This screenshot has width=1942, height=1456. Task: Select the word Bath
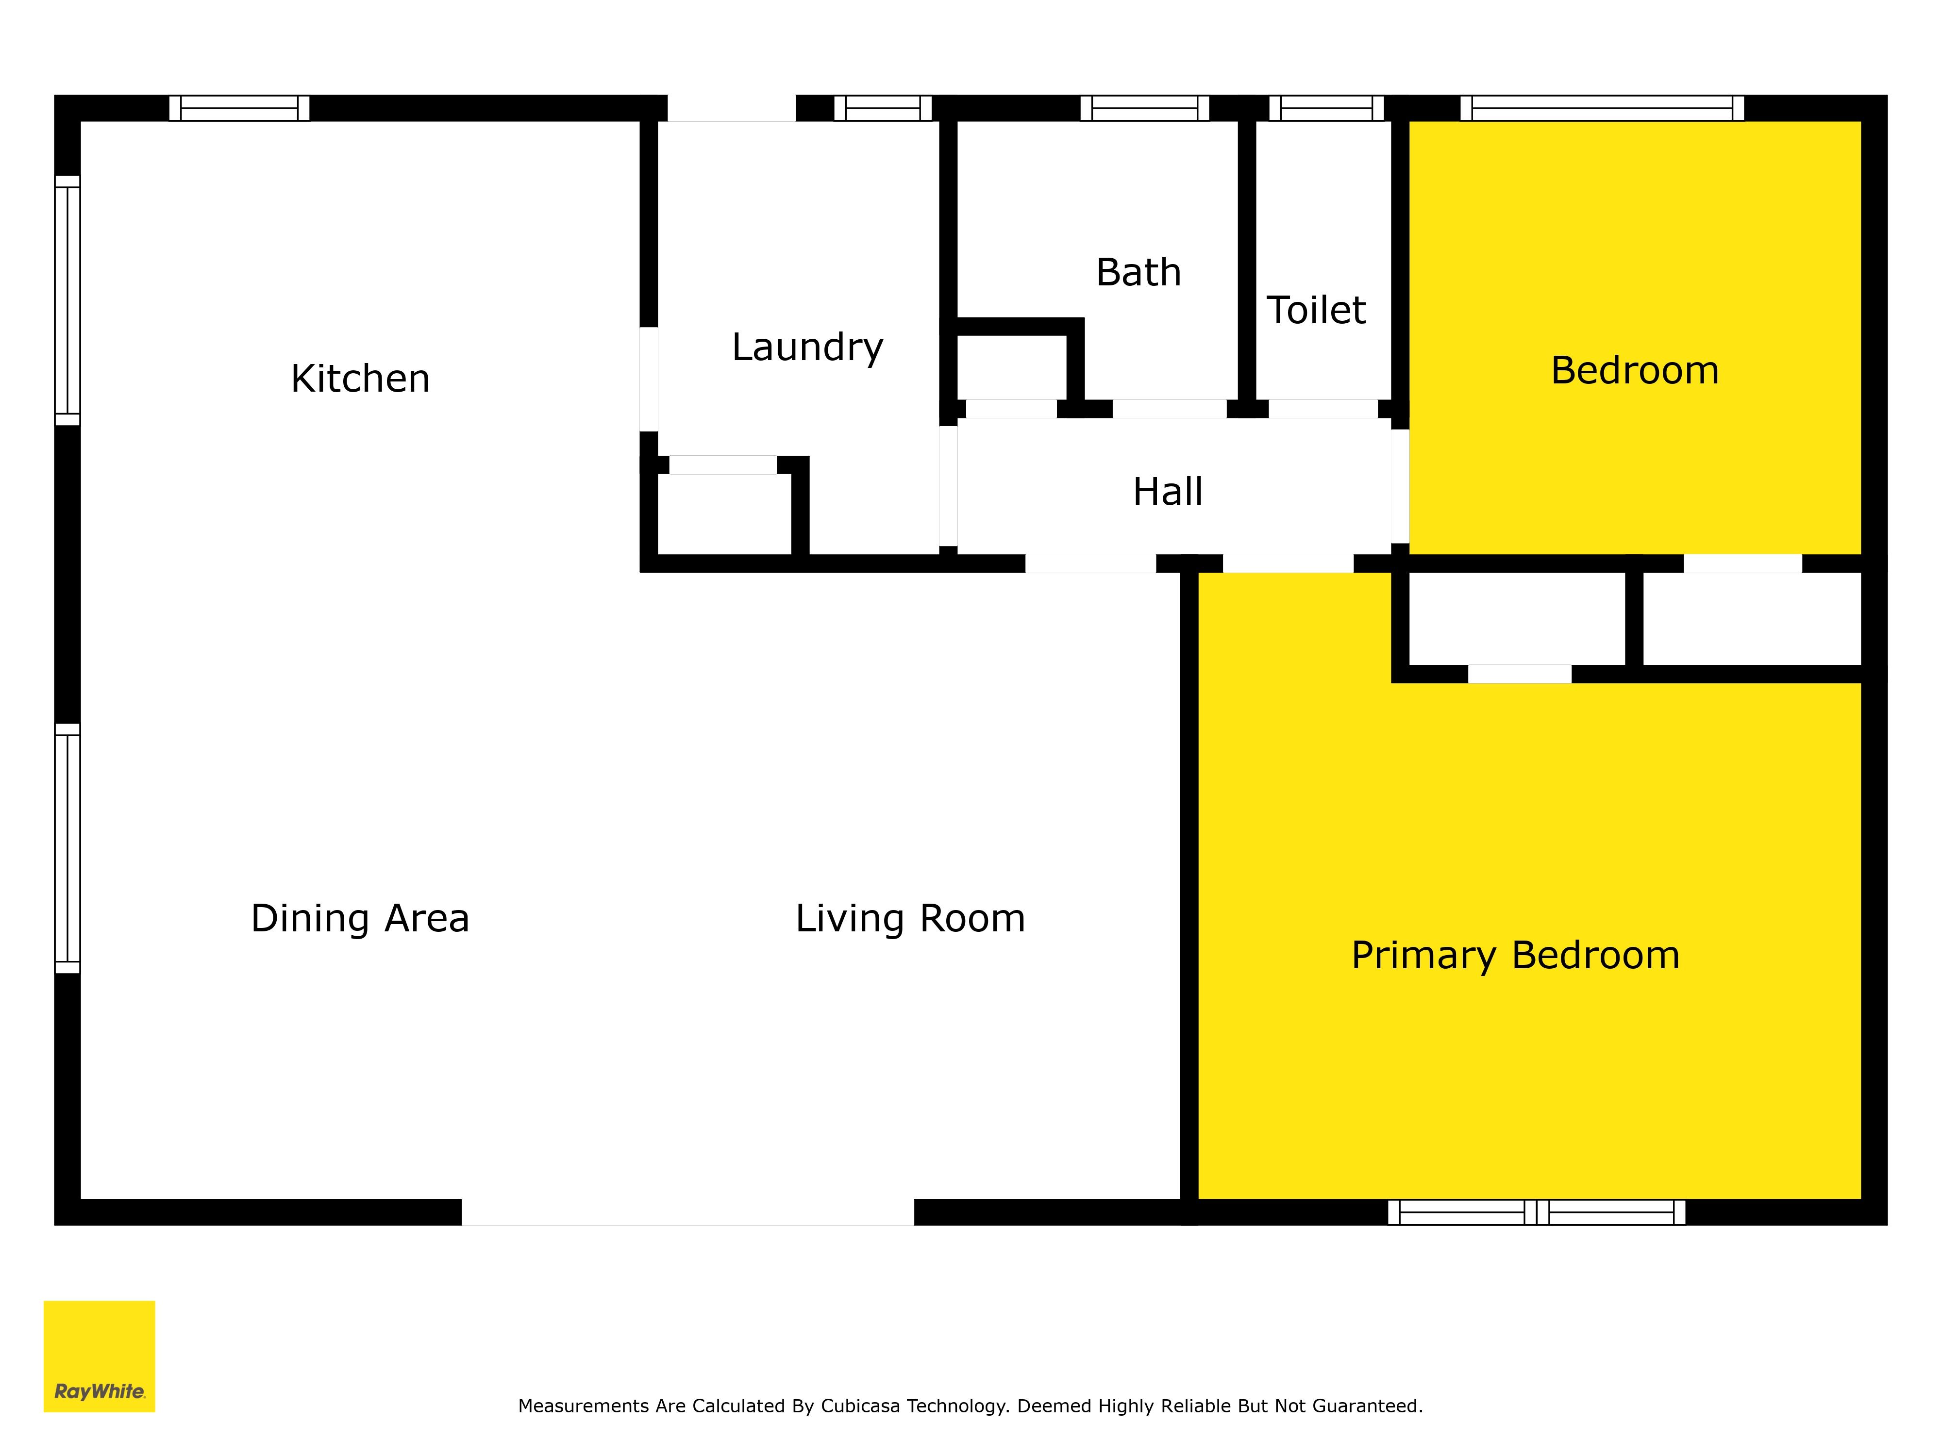tap(1138, 272)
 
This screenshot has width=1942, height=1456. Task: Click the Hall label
tap(1168, 492)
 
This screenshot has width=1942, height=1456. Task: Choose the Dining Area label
tap(360, 919)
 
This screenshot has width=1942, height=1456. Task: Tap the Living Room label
tap(910, 919)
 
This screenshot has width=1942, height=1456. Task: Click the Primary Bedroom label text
tap(1515, 956)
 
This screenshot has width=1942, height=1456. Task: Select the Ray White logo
tap(99, 1356)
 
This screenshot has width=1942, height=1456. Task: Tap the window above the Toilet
tap(1326, 108)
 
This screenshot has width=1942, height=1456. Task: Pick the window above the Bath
tap(1145, 108)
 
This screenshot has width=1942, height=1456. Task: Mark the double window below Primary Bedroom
tap(1537, 1212)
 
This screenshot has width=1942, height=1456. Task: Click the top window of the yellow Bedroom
tap(1602, 108)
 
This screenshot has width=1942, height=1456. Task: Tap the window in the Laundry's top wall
tap(882, 108)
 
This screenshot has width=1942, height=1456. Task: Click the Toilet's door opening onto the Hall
tap(1323, 409)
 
